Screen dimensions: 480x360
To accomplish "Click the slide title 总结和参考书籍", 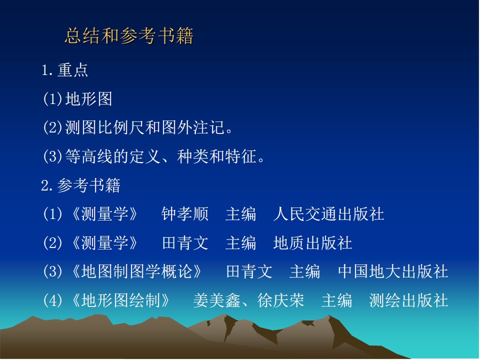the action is tap(129, 36).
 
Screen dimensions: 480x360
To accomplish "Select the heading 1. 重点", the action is tap(64, 70).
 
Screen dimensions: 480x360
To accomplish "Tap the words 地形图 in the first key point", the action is tap(89, 99).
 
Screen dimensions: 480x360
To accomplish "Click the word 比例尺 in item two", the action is tap(129, 127).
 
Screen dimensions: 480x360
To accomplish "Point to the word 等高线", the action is tap(89, 156).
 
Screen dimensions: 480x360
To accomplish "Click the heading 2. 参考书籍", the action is tap(81, 185).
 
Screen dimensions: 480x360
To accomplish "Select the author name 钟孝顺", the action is tap(185, 213).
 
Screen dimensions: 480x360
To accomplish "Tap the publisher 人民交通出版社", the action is tap(328, 213).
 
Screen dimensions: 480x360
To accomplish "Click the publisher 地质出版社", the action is tap(312, 243).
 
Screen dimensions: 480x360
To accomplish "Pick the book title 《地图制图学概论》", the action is tap(136, 271).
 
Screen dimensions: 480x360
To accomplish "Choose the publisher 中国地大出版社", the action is tap(393, 271).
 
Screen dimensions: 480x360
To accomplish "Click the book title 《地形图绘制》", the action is tap(120, 300).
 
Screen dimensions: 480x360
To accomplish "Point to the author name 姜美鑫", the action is tap(216, 300).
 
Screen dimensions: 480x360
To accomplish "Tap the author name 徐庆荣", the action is tap(280, 300).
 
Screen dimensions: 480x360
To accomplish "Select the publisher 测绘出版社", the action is tap(408, 300).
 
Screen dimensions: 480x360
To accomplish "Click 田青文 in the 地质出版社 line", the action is tap(185, 243).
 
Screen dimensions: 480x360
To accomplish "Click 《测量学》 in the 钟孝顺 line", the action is tap(104, 213).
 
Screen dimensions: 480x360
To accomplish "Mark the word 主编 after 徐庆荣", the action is tap(336, 300).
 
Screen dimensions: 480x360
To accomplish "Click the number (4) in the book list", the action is tap(52, 300).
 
